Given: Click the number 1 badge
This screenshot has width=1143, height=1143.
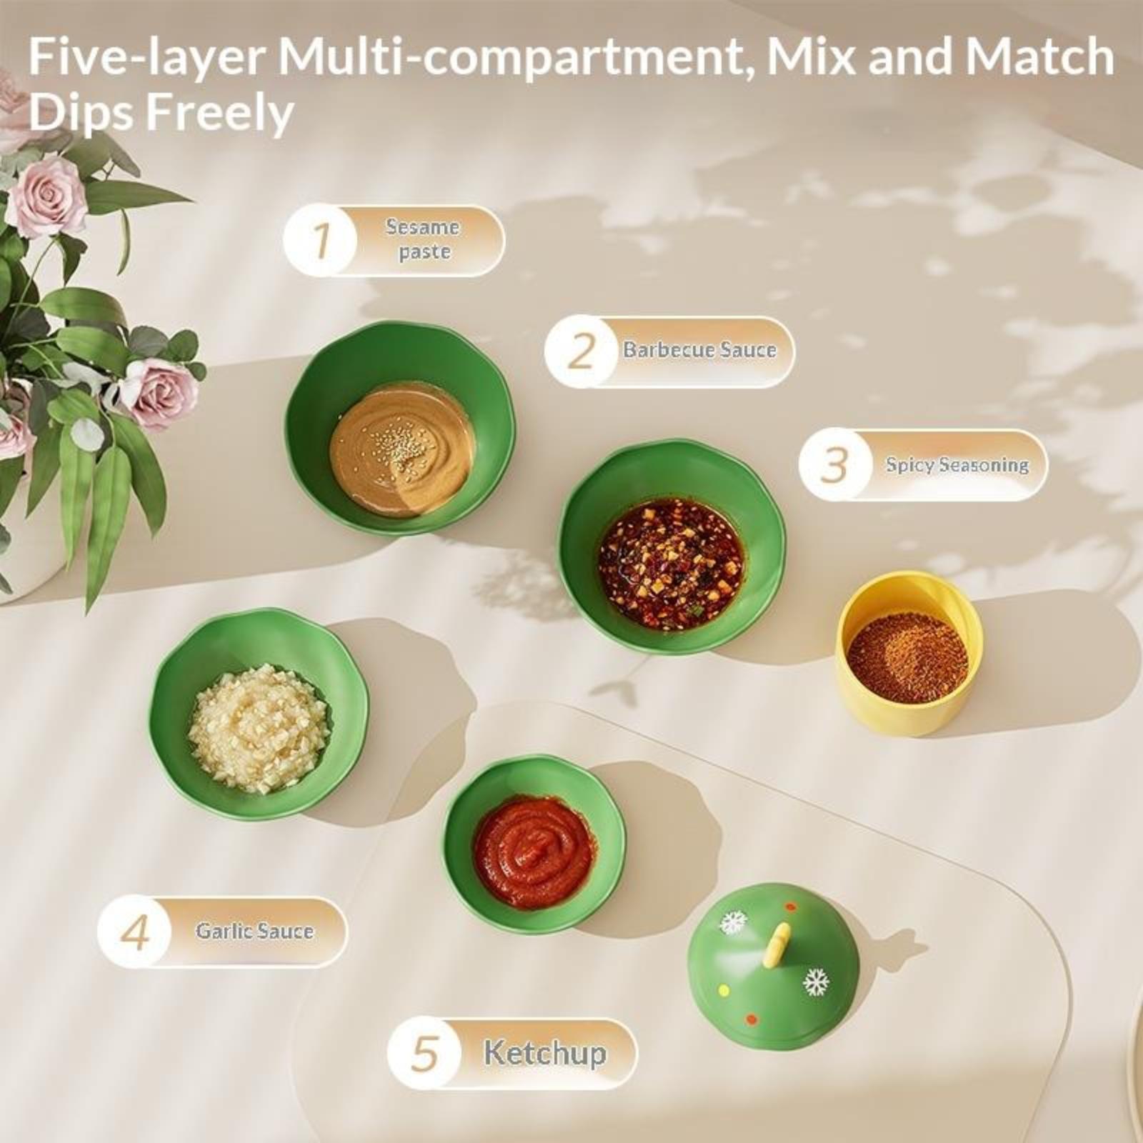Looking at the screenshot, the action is pyautogui.click(x=319, y=241).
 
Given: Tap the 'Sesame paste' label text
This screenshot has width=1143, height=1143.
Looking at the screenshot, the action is pyautogui.click(x=423, y=239).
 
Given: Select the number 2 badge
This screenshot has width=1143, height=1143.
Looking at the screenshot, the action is pyautogui.click(x=581, y=351).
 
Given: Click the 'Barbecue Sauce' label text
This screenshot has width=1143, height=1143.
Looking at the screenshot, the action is pyautogui.click(x=699, y=350).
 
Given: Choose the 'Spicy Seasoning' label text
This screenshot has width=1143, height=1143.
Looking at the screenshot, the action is pyautogui.click(x=957, y=465).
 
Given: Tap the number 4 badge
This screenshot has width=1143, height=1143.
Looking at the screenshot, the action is pyautogui.click(x=134, y=932).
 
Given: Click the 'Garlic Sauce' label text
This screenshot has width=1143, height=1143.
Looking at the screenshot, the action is pyautogui.click(x=254, y=931).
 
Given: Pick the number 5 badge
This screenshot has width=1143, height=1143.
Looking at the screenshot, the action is pyautogui.click(x=424, y=1054).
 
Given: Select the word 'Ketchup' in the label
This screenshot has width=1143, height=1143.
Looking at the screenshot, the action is pyautogui.click(x=545, y=1053).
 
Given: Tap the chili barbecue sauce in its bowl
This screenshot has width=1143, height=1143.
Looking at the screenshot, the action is pyautogui.click(x=671, y=564).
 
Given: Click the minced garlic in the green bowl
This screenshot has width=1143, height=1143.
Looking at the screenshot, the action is pyautogui.click(x=259, y=729).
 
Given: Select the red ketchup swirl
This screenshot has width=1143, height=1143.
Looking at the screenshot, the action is pyautogui.click(x=534, y=852).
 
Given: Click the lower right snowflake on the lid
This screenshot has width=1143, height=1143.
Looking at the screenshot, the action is pyautogui.click(x=815, y=982).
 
